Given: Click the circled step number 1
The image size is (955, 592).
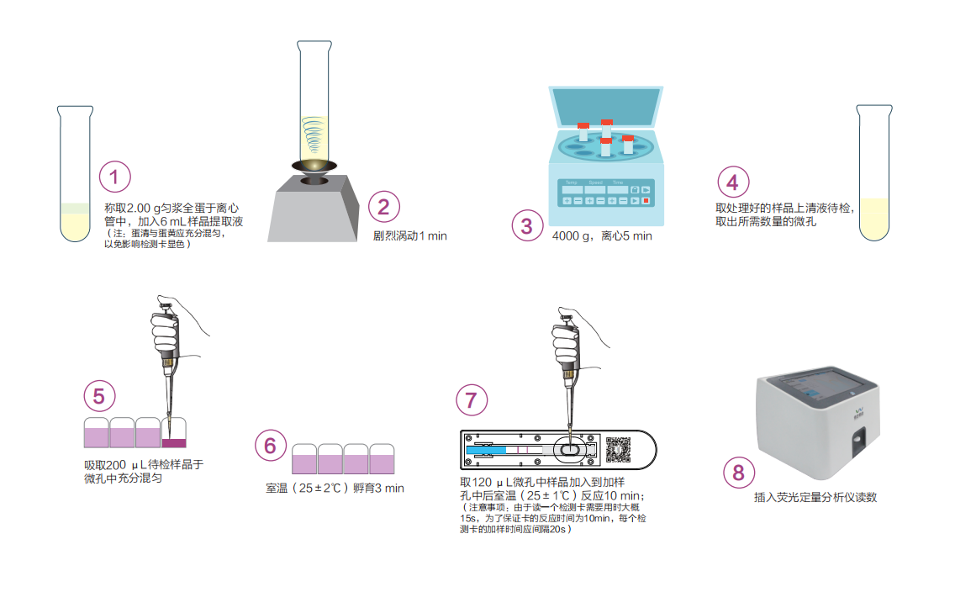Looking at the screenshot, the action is pyautogui.click(x=114, y=177).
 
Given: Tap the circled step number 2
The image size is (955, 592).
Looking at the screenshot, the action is pyautogui.click(x=383, y=207).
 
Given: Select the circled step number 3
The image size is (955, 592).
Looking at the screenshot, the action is pyautogui.click(x=527, y=226).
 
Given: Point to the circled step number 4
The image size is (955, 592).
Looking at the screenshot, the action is pyautogui.click(x=733, y=182).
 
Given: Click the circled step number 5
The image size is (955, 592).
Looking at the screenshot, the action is pyautogui.click(x=99, y=397).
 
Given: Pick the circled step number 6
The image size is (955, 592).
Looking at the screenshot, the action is pyautogui.click(x=271, y=446).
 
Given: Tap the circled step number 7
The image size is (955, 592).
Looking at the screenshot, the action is pyautogui.click(x=472, y=400).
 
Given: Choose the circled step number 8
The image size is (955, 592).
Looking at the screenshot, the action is pyautogui.click(x=739, y=473).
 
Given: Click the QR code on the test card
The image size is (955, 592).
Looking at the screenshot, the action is pyautogui.click(x=618, y=450).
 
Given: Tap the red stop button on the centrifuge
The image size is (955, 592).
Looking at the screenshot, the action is pyautogui.click(x=646, y=200).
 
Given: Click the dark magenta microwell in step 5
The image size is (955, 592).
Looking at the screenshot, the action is pyautogui.click(x=174, y=443).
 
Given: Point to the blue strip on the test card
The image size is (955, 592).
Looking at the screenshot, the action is pyautogui.click(x=486, y=450).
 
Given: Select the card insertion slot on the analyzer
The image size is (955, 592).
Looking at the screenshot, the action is pyautogui.click(x=859, y=443).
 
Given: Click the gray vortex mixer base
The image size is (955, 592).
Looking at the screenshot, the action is pyautogui.click(x=314, y=209).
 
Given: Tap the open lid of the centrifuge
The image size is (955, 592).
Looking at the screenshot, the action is pyautogui.click(x=605, y=107).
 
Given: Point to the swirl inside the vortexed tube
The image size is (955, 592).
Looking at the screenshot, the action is pyautogui.click(x=314, y=134).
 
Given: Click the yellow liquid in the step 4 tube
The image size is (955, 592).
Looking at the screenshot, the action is pyautogui.click(x=874, y=219).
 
